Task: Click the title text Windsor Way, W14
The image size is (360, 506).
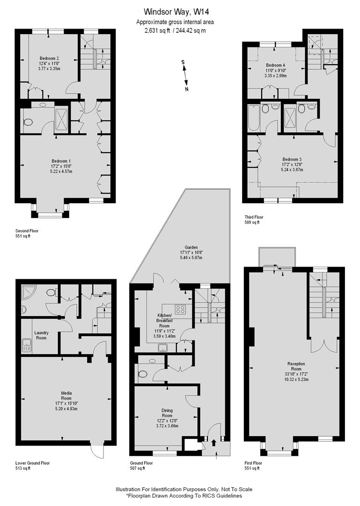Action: (176, 12)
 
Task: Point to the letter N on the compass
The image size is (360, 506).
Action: (187, 89)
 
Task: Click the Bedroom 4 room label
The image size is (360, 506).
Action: (275, 65)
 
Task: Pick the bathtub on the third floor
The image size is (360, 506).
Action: (252, 117)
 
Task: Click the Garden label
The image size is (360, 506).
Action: (191, 247)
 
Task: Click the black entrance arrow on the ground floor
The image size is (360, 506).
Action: (214, 441)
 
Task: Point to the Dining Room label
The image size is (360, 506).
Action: (167, 413)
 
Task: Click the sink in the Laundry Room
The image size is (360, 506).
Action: (27, 347)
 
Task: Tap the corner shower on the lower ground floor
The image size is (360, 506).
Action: (28, 293)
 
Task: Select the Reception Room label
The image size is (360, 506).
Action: (296, 364)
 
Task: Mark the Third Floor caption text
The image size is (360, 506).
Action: (254, 217)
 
